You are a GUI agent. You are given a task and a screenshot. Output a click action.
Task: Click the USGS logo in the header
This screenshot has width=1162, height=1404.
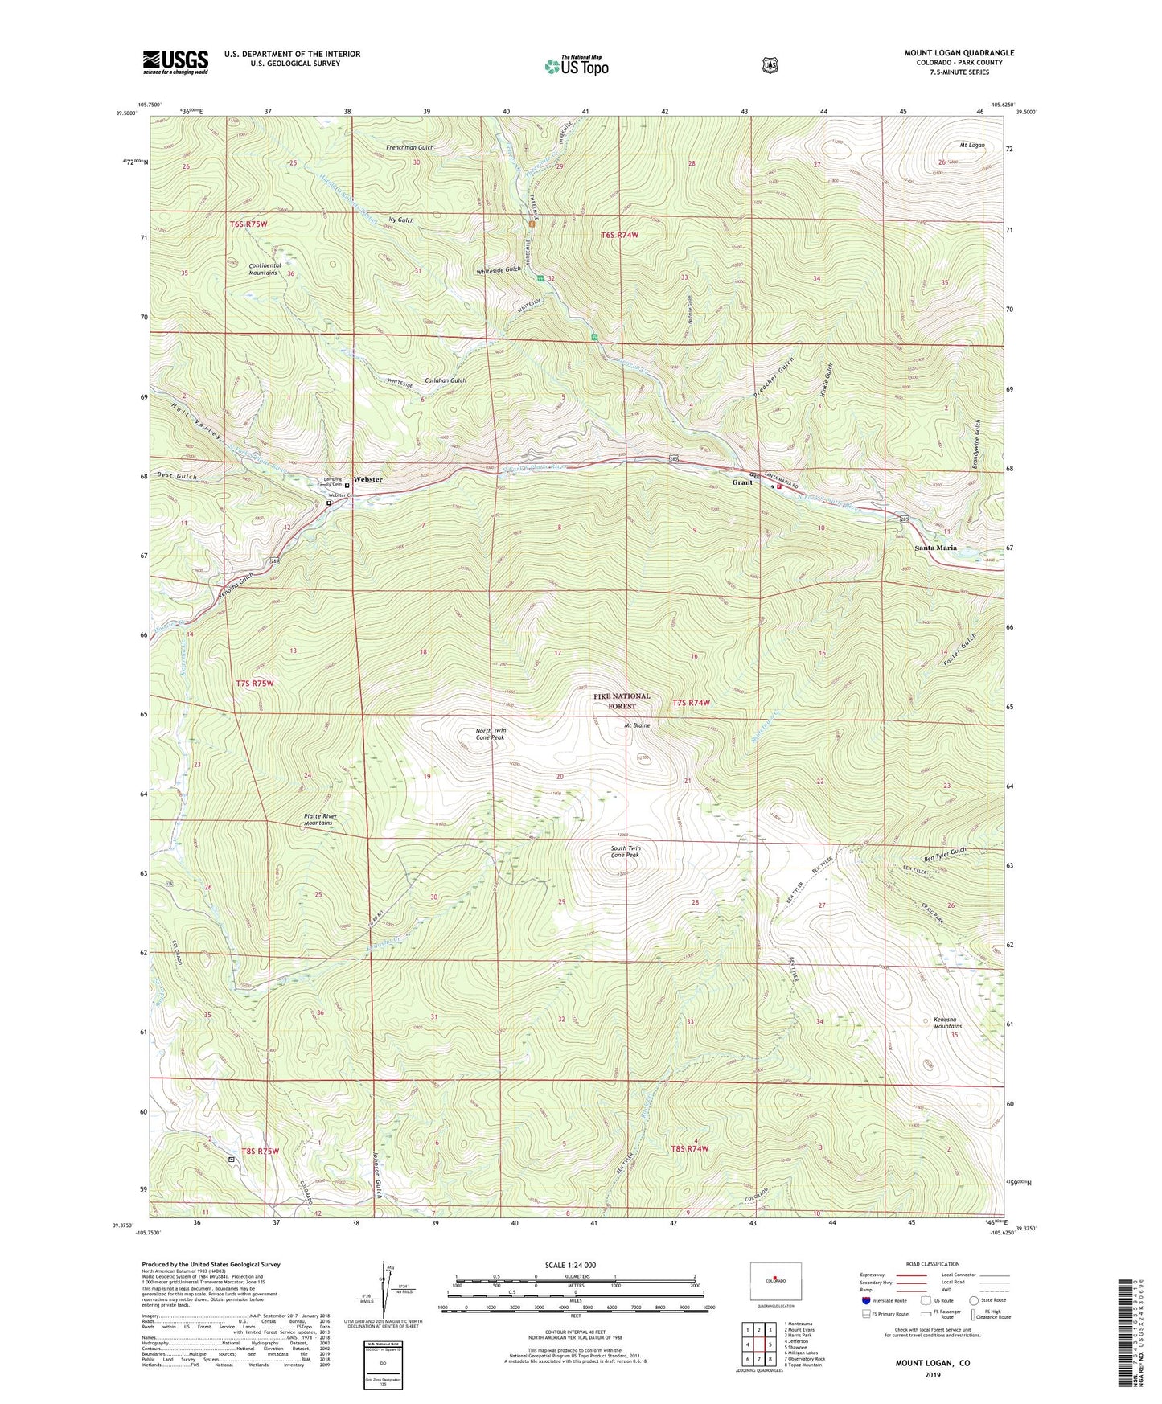click(x=175, y=62)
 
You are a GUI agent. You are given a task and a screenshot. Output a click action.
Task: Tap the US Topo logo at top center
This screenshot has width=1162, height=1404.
click(x=576, y=66)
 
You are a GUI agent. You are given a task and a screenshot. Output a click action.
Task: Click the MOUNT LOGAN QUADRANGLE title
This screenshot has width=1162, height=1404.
click(x=959, y=53)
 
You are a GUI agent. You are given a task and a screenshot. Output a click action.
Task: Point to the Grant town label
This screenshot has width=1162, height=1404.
click(x=741, y=482)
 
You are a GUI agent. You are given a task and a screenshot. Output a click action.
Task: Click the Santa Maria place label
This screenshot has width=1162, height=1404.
click(x=935, y=548)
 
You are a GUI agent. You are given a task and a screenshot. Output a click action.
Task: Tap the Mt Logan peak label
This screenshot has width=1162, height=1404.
click(x=971, y=146)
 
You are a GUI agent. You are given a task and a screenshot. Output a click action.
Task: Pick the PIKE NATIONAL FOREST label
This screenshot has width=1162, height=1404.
click(x=622, y=701)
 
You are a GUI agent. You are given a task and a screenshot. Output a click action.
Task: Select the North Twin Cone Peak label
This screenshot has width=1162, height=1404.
click(x=490, y=733)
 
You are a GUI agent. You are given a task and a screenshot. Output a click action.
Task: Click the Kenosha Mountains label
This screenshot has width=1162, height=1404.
click(x=947, y=1022)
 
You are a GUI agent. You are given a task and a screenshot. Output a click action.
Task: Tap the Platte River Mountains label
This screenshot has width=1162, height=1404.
click(x=318, y=819)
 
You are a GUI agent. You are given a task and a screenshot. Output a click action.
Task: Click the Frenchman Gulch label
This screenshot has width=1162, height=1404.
click(x=409, y=148)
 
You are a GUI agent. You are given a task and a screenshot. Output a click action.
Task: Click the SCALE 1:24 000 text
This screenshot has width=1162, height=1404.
click(x=570, y=1265)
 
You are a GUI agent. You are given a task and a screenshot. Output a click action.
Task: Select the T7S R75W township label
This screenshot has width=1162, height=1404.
click(x=255, y=684)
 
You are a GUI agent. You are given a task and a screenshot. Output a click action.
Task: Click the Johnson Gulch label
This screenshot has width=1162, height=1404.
click(x=376, y=1178)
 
